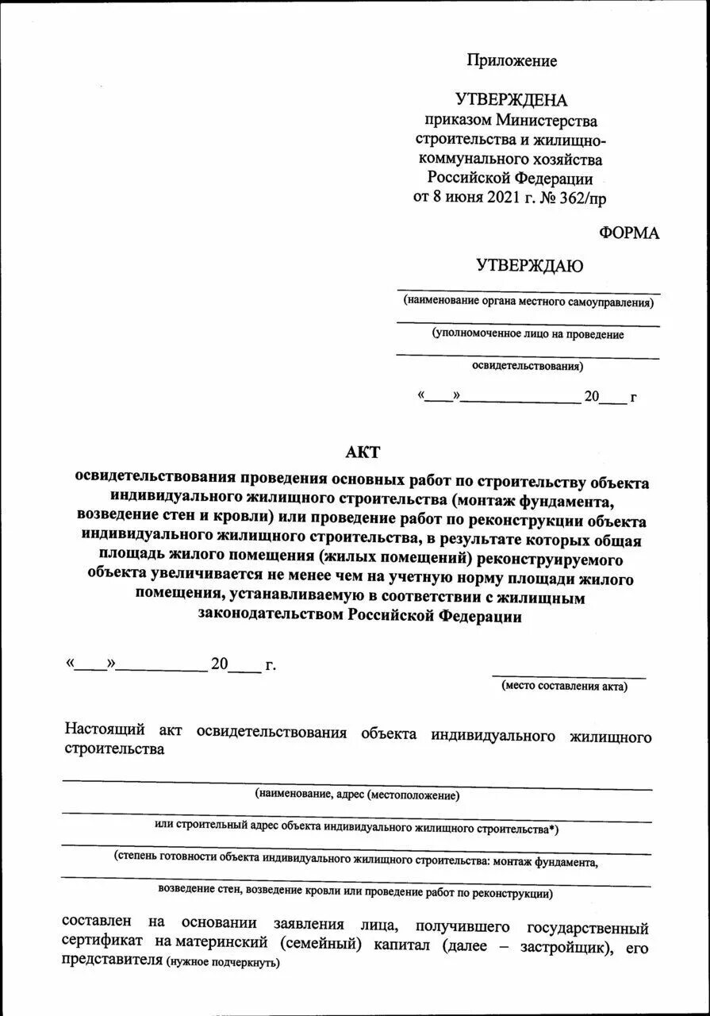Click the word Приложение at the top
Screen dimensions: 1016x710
tap(512, 61)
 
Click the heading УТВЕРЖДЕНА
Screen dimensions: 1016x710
tap(512, 100)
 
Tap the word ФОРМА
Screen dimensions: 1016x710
tap(629, 233)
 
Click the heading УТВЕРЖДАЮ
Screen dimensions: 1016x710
tap(529, 267)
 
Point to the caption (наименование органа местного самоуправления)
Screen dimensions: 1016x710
tap(528, 302)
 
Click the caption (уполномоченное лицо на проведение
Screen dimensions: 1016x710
tap(528, 335)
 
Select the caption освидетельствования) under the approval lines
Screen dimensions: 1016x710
tap(528, 367)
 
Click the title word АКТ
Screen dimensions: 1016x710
tap(363, 452)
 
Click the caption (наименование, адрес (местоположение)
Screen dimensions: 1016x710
tap(357, 795)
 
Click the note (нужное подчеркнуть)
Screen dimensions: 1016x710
tap(222, 962)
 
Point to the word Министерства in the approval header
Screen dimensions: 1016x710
tap(547, 120)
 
